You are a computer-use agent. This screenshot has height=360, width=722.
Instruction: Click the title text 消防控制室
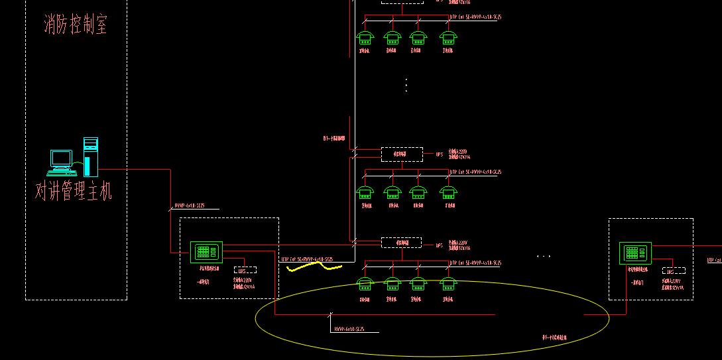tap(76, 25)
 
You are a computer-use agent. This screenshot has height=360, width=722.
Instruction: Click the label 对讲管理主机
tap(74, 192)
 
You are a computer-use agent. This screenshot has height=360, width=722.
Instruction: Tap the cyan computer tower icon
tap(91, 156)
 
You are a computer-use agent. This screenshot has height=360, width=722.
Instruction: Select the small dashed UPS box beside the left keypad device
tap(245, 270)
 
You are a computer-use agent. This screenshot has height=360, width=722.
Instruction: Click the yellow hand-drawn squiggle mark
tap(314, 267)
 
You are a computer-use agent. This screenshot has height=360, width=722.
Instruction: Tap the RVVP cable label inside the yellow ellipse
tap(348, 329)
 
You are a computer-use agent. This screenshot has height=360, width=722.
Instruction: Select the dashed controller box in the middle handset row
tap(401, 154)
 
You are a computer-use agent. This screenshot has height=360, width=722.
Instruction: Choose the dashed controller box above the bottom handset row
tap(401, 243)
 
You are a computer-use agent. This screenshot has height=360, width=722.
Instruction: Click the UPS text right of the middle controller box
tap(439, 154)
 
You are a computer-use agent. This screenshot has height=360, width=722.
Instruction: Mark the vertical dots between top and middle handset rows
tap(406, 85)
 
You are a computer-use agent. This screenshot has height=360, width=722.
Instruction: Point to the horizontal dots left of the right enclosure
tap(544, 256)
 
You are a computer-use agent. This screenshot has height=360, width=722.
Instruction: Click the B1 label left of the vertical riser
tap(334, 139)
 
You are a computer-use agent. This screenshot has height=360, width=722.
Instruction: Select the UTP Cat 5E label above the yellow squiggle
tap(307, 259)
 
